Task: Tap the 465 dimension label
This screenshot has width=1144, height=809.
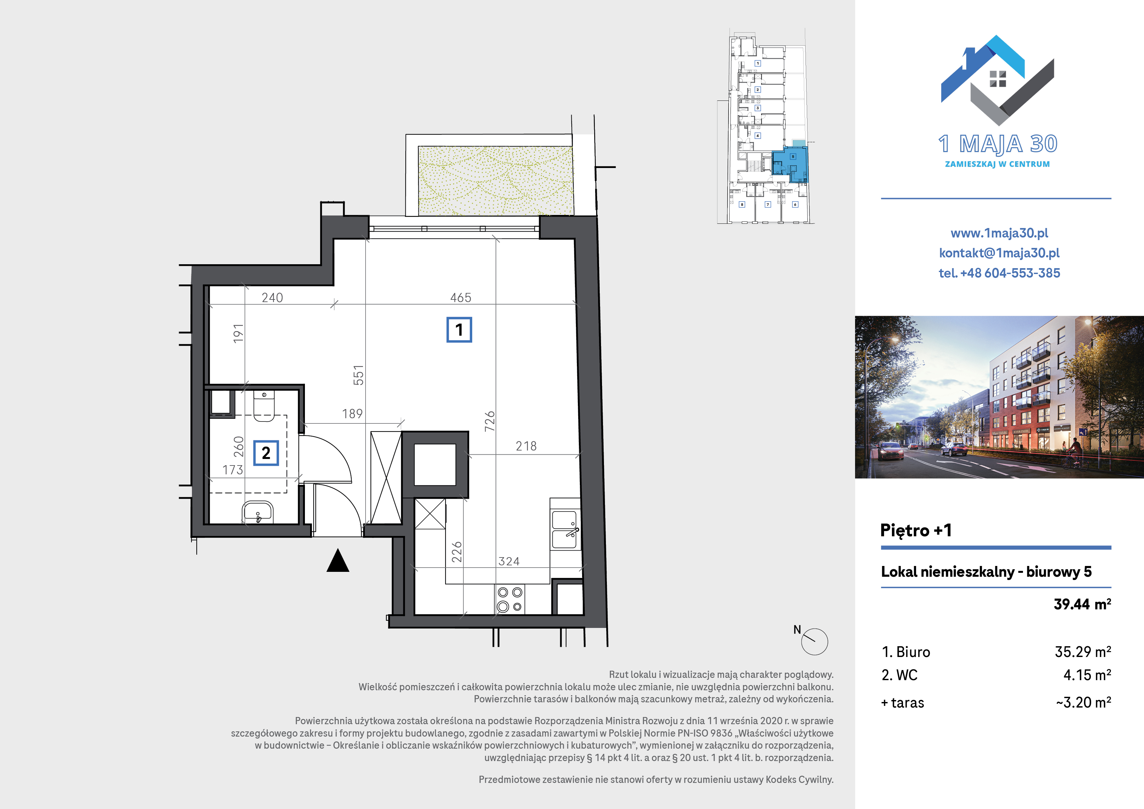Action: (460, 298)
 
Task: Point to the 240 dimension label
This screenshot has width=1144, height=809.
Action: (272, 298)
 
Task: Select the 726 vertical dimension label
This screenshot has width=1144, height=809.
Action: (490, 421)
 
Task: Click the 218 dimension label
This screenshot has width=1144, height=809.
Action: (526, 446)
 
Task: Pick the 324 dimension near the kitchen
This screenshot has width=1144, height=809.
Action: (509, 561)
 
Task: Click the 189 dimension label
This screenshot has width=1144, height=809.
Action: (352, 414)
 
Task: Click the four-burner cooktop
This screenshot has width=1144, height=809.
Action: (510, 599)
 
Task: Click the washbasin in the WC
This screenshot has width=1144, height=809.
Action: (258, 512)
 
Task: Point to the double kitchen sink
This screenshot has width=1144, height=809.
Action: (565, 530)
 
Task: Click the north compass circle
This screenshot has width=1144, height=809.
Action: (814, 642)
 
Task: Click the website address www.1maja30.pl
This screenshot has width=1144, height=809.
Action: (999, 233)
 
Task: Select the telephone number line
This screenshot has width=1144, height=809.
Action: (999, 273)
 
